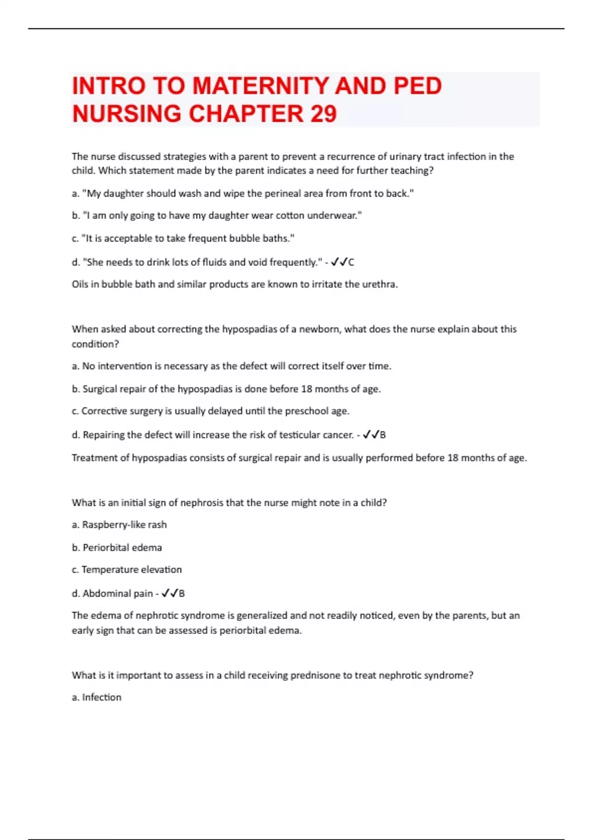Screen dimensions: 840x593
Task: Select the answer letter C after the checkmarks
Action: point(351,262)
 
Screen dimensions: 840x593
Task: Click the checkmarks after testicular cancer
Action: point(371,435)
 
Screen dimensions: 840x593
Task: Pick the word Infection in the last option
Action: point(101,697)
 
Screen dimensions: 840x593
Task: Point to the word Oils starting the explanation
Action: point(80,284)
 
